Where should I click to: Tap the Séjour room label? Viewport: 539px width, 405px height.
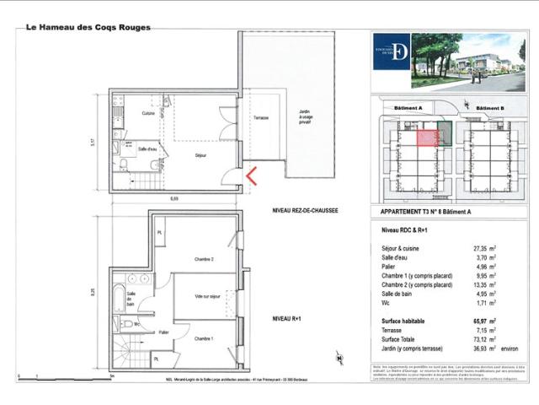pos(200,155)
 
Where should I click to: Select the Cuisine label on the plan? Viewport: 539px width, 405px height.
pos(148,113)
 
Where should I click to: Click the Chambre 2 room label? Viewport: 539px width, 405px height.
pos(203,259)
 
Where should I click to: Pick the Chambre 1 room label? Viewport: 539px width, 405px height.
pos(204,338)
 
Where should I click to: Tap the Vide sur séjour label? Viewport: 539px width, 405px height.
pos(206,296)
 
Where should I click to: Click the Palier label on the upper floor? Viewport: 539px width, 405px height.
pos(163,332)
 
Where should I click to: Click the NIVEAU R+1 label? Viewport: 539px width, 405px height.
pos(289,317)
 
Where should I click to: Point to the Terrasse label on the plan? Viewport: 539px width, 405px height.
pos(260,118)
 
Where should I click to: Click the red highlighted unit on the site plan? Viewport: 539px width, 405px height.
pos(427,138)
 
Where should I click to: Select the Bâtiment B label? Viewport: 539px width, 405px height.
pos(489,109)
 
